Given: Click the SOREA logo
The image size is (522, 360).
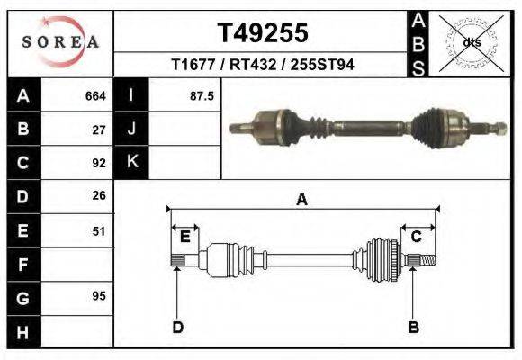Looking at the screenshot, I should pos(60,43).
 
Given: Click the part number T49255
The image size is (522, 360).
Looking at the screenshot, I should pos(263,33).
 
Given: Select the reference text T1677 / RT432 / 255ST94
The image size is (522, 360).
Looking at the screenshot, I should pos(263,67).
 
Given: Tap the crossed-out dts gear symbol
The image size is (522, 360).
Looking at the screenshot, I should pos(472,42).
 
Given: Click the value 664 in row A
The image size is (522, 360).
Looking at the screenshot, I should pos(95,95).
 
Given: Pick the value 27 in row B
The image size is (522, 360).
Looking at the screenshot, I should pos(99,130).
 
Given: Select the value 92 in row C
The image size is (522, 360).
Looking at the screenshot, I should pos(99,163).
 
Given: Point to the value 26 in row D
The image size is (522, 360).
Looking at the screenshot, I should pos(99,195).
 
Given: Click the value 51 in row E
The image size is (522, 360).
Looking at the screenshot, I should pos(99,230).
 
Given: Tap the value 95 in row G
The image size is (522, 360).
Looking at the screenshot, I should pos(99,295).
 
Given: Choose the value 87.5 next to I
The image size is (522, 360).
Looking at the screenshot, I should pos(202,95).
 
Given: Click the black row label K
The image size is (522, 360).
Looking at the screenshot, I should pos(131,163).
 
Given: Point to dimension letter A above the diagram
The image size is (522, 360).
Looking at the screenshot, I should pos(302,201).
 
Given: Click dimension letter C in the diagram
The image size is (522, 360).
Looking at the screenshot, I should pos(417,237).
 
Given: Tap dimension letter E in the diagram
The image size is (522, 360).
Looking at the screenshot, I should pos(185,237).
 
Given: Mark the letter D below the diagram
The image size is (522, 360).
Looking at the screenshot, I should pos(178,327).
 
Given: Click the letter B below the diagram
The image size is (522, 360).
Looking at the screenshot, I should pos(414,327).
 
